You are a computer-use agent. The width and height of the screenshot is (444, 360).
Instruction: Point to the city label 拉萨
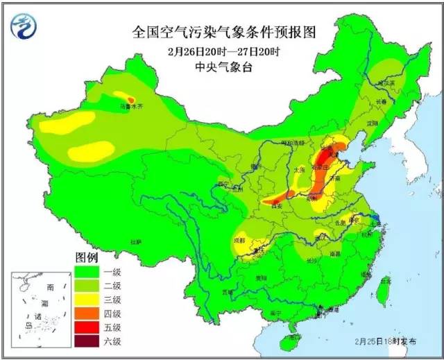(x=135, y=241)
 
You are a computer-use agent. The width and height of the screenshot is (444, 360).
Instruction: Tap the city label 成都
(x=240, y=240)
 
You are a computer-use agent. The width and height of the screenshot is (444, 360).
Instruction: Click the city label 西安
(x=278, y=206)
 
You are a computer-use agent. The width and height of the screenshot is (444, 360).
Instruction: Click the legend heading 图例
(x=87, y=257)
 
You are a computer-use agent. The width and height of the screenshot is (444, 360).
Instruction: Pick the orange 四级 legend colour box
(x=87, y=314)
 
